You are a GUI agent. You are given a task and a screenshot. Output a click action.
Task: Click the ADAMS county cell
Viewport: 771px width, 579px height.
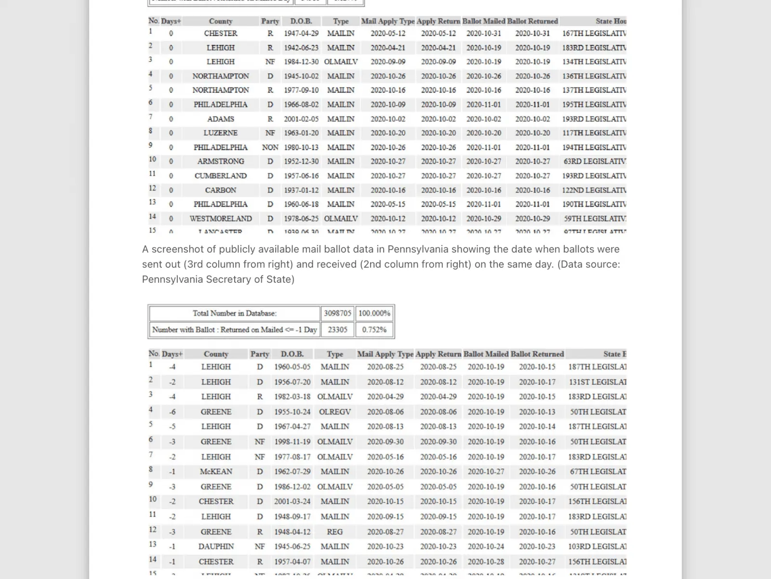point(220,119)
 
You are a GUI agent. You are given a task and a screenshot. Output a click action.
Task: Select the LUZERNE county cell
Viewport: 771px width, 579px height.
point(220,133)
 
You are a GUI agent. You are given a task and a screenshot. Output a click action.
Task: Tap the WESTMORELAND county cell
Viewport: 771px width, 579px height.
point(220,219)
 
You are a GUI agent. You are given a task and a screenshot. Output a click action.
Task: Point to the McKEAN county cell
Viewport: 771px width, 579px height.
point(216,471)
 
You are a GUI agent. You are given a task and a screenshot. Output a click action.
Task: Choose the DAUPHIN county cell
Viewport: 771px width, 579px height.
point(216,546)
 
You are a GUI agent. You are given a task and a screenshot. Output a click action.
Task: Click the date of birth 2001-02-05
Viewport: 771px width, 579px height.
point(301,119)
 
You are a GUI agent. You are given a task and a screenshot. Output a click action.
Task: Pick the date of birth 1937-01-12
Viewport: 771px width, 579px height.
point(301,190)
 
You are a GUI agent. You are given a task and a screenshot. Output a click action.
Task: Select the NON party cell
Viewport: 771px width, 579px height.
point(270,147)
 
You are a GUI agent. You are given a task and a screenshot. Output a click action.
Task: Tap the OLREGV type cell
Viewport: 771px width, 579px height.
point(335,412)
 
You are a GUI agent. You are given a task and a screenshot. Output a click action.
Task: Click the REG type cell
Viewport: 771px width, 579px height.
point(335,532)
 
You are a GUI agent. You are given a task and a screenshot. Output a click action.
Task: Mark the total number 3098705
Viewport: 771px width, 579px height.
point(337,313)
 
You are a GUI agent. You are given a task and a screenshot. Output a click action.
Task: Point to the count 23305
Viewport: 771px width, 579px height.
point(337,330)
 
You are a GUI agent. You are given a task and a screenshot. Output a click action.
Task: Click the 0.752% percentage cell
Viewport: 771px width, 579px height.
point(374,330)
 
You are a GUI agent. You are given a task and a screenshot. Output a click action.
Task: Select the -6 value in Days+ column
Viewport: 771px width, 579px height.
point(172,412)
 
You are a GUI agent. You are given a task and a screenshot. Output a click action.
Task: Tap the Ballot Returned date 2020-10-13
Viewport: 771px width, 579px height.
point(537,412)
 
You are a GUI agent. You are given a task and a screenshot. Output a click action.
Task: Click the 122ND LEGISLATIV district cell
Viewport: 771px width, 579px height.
point(594,190)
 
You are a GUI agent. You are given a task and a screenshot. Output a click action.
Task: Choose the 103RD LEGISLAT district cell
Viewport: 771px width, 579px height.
point(597,546)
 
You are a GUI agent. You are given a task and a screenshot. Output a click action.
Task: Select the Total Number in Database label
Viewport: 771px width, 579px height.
point(235,313)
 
